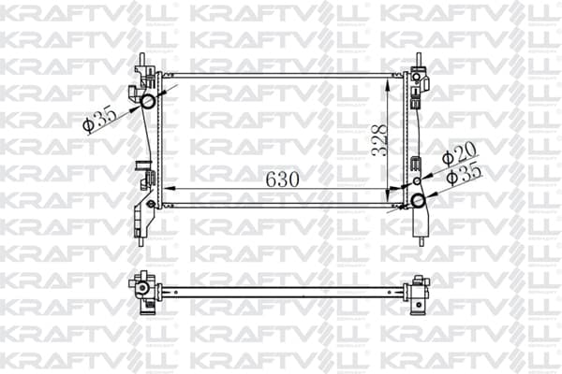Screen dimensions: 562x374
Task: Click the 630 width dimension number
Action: point(282,180)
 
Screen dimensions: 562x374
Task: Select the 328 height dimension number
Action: point(378,140)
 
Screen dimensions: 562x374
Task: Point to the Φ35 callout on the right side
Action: point(465,173)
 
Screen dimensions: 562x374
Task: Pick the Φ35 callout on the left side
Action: point(99,121)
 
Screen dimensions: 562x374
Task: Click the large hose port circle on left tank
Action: point(148,101)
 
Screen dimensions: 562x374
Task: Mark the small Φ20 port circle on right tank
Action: point(417,181)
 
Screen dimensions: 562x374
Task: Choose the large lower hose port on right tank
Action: point(418,200)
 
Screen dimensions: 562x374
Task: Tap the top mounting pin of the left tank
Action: point(142,59)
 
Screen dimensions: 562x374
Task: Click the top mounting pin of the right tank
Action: point(419,59)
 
